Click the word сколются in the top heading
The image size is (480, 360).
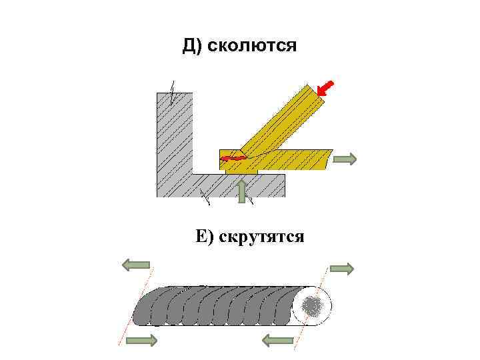252,47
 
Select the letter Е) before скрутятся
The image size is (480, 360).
203,236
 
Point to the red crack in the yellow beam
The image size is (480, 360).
233,158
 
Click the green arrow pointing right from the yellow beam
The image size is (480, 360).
345,159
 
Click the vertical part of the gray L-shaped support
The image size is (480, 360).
174,140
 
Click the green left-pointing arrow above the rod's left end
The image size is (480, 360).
136,265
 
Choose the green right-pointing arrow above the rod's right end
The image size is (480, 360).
341,269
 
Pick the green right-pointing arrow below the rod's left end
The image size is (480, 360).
141,341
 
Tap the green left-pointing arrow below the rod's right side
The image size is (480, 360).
278,341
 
